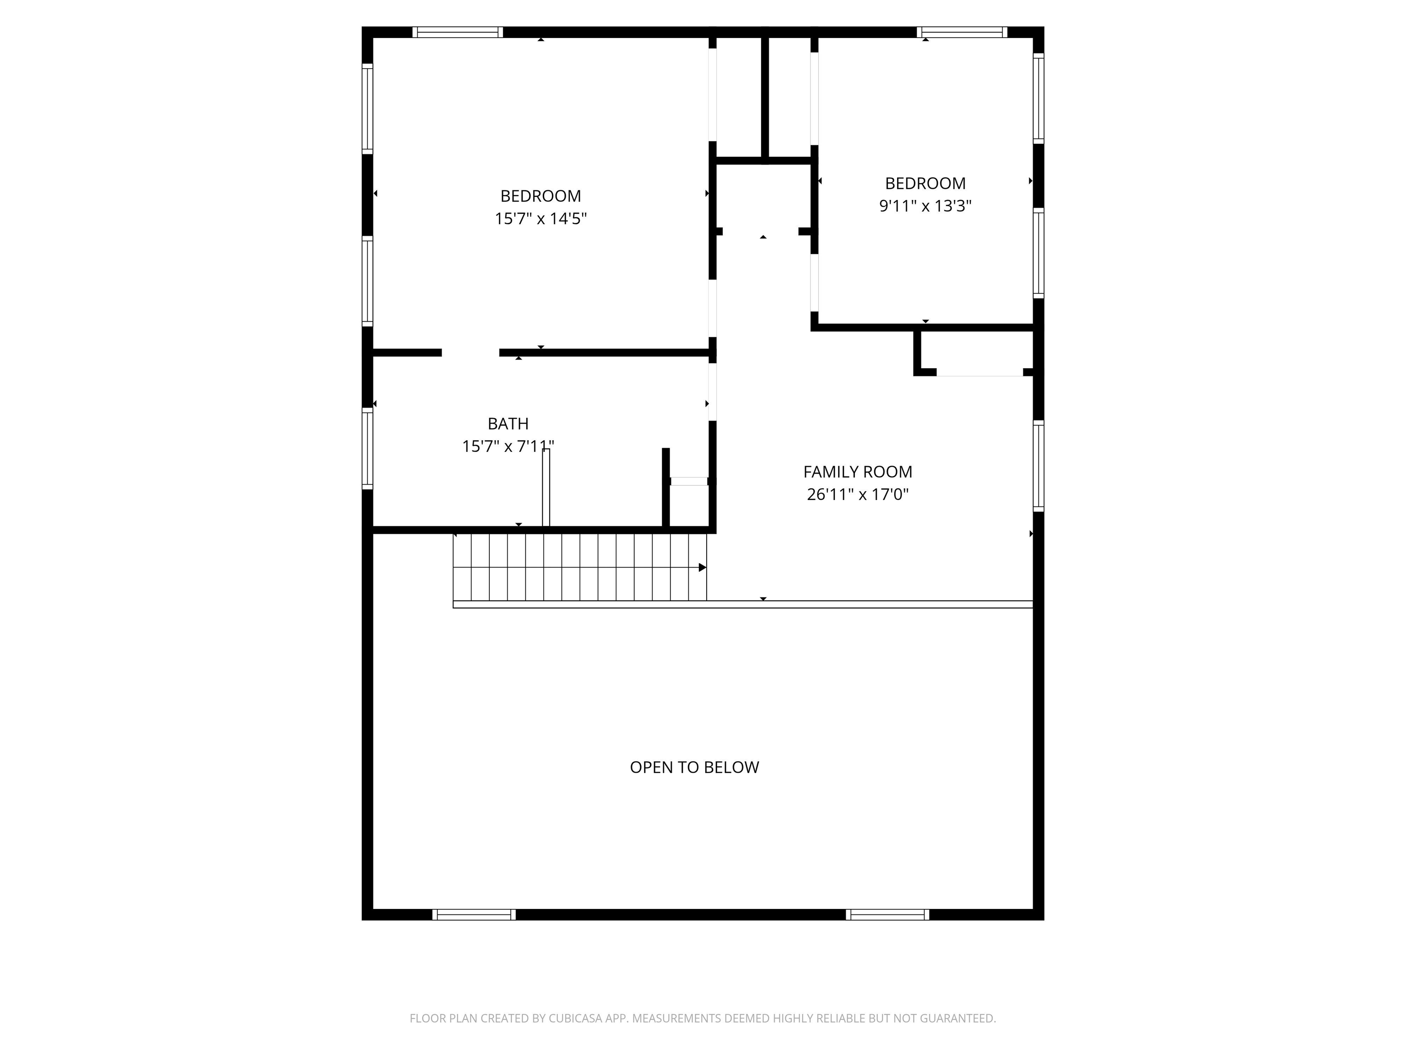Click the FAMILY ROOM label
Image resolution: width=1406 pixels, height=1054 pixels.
[x=857, y=472]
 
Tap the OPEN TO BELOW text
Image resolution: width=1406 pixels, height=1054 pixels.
[x=694, y=768]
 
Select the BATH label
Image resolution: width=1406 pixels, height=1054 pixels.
[x=508, y=424]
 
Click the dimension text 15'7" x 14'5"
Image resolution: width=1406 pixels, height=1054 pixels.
[x=540, y=219]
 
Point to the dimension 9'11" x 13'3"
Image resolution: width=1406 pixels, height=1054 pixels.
[x=925, y=206]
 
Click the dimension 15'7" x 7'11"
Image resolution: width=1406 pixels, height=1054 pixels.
[x=508, y=446]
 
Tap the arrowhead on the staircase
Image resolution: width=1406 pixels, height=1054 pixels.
[x=703, y=567]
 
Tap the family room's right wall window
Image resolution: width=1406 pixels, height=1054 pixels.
[x=1038, y=466]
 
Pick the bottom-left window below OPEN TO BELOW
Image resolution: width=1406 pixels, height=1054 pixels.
[x=474, y=915]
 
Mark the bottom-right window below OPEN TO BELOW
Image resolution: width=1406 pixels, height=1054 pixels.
[x=887, y=915]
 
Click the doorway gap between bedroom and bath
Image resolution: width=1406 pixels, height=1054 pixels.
[x=470, y=353]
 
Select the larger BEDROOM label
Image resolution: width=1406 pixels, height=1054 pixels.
[x=540, y=196]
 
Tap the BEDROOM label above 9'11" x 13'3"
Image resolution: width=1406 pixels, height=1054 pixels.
[x=925, y=183]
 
